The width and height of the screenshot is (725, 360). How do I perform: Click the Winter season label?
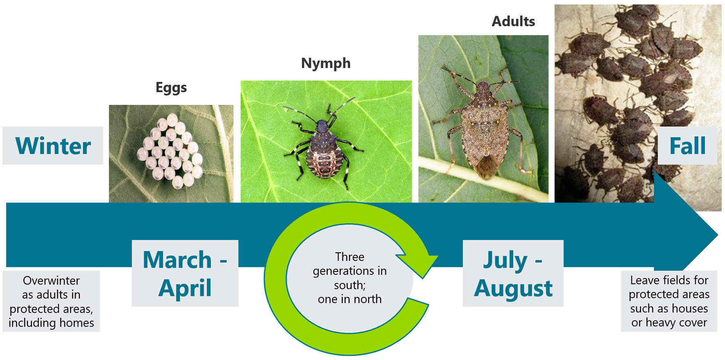(53, 146)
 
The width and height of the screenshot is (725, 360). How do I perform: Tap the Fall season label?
(687, 146)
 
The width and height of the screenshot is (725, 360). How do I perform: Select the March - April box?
(185, 273)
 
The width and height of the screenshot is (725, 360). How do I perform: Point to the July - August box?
(513, 273)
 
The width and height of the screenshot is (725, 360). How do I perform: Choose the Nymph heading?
(326, 63)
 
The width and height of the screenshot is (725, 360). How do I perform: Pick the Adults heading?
(514, 21)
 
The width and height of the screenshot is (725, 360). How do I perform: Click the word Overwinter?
(51, 281)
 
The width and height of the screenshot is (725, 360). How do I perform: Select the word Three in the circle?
(350, 257)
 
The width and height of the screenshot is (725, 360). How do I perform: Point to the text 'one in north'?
(350, 299)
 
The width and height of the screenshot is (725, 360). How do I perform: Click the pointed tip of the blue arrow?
(718, 235)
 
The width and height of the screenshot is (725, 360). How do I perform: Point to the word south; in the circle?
(350, 285)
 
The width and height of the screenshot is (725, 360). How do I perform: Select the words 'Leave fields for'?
(669, 280)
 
